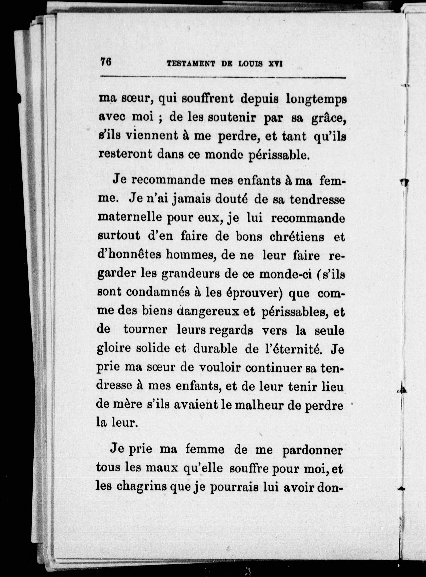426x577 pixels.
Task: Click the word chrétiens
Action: [297, 237]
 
